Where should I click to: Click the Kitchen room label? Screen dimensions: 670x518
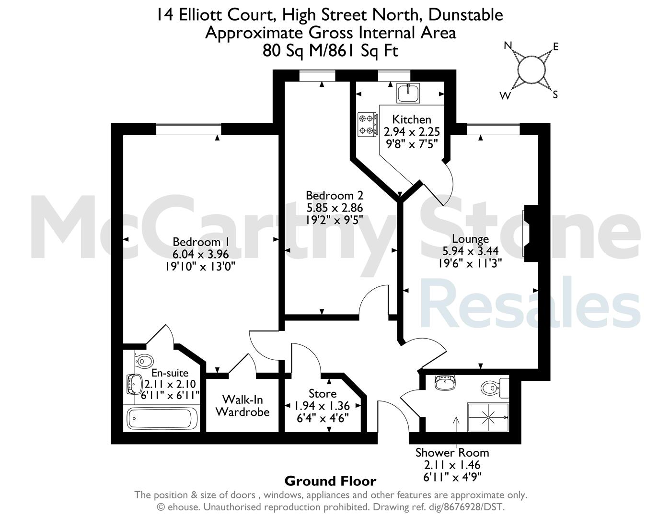click(411, 119)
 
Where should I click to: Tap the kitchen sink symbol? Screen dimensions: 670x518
click(408, 93)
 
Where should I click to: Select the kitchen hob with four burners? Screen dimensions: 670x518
click(367, 124)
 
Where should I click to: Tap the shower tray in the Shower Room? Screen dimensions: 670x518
click(488, 417)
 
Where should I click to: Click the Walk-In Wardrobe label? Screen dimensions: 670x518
click(243, 406)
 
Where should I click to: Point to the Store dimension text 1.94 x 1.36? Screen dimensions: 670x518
click(322, 406)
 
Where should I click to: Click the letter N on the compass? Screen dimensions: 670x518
click(507, 46)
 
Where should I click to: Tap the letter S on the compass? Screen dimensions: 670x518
click(555, 94)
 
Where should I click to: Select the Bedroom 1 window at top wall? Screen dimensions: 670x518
click(188, 129)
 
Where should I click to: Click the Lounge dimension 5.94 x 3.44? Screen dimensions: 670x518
click(470, 251)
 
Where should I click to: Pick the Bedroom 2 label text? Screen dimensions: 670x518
click(334, 195)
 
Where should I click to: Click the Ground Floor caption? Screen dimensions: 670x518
click(330, 481)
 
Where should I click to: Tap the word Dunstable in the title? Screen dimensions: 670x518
click(465, 15)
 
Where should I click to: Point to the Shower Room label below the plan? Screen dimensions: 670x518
click(452, 453)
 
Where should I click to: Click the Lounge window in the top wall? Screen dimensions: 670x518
click(493, 129)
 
